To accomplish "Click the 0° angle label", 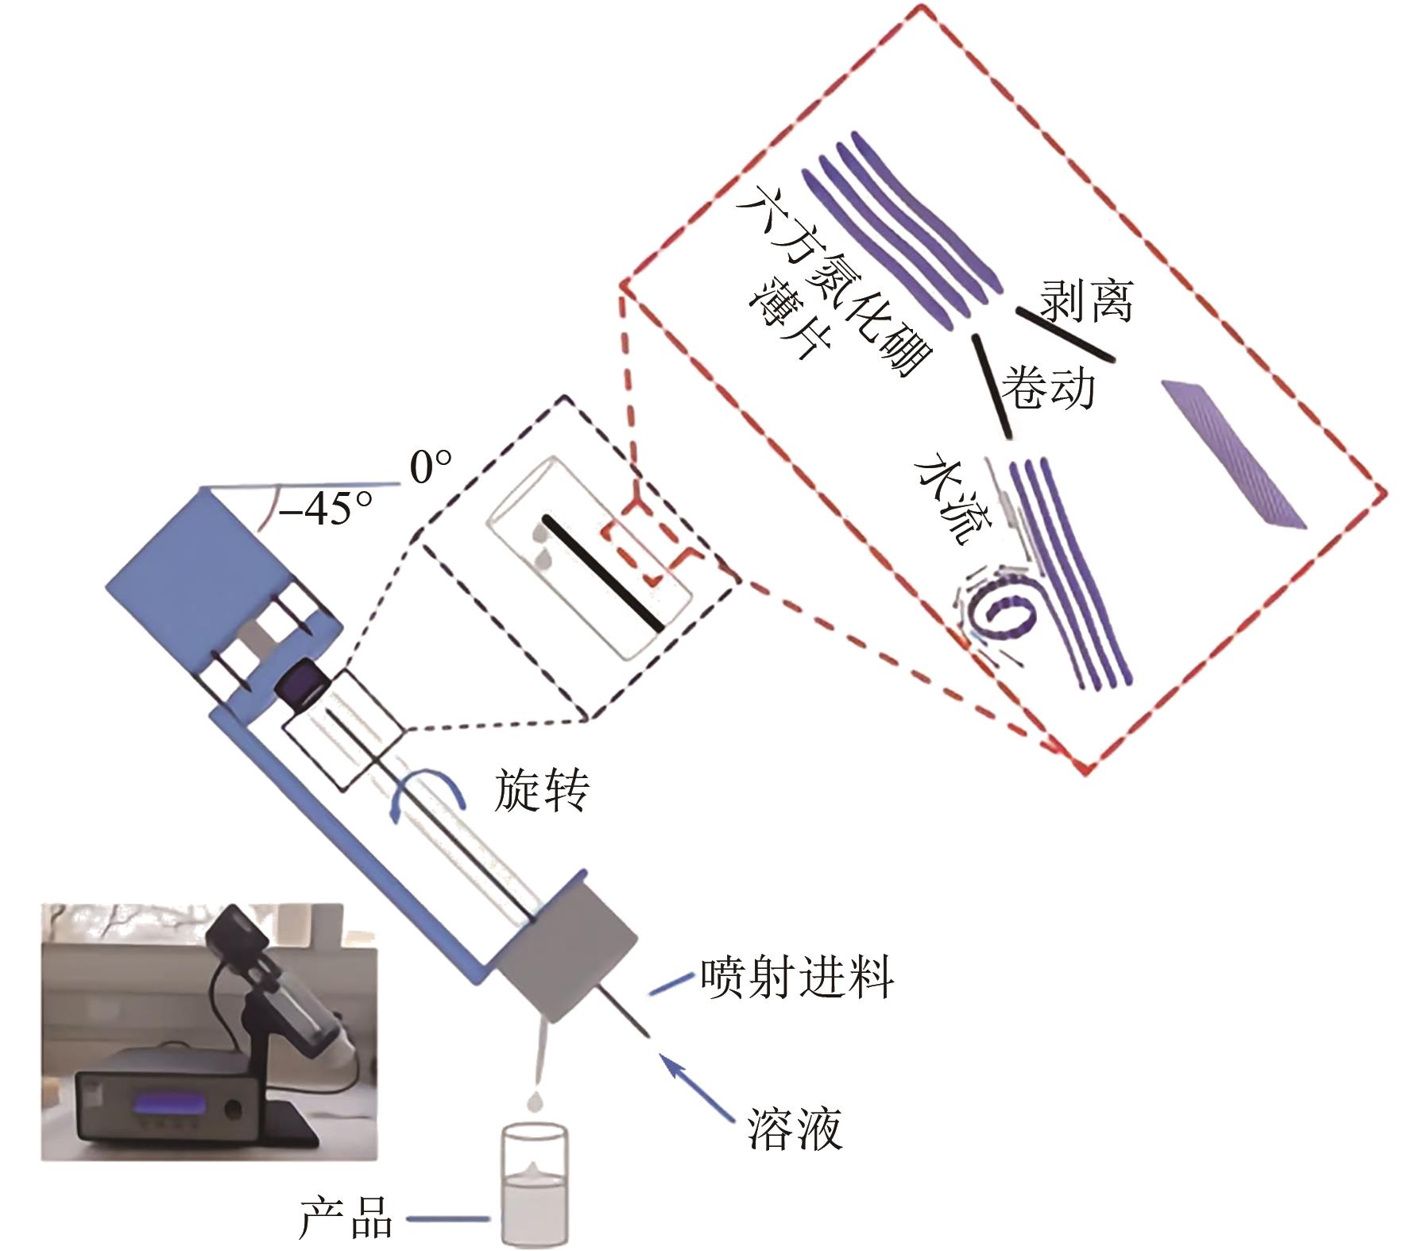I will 431,467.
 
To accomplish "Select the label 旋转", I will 542,790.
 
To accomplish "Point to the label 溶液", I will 794,1128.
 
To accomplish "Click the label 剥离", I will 1086,300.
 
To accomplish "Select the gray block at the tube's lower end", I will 566,951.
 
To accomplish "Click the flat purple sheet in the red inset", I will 1233,452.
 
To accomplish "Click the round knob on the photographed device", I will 234,1107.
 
